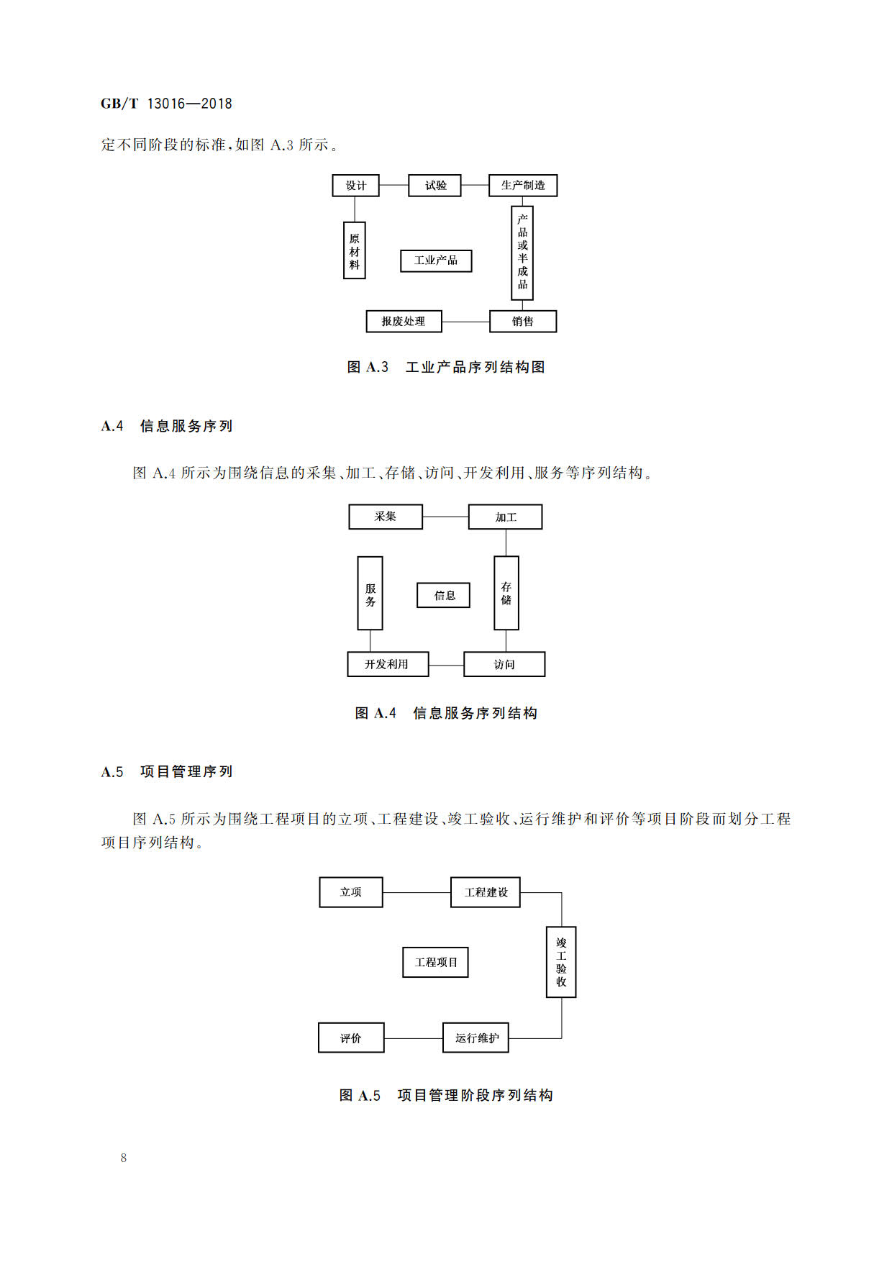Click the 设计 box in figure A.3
tap(355, 186)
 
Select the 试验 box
tap(434, 186)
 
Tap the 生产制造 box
tap(523, 186)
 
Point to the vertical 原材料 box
tap(354, 250)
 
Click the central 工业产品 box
tap(436, 260)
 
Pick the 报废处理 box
tap(404, 321)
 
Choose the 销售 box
tap(523, 321)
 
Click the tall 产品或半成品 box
tap(522, 253)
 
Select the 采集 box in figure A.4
tap(386, 517)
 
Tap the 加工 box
tap(505, 517)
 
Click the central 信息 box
tap(443, 595)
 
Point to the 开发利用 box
tap(388, 664)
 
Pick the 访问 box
tap(504, 664)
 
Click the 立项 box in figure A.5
tap(351, 892)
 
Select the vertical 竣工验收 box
tap(561, 962)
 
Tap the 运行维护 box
tap(475, 1038)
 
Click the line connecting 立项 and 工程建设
tap(417, 893)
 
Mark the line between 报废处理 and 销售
tap(465, 322)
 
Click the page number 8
tap(124, 1158)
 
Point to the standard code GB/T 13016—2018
tap(166, 104)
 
